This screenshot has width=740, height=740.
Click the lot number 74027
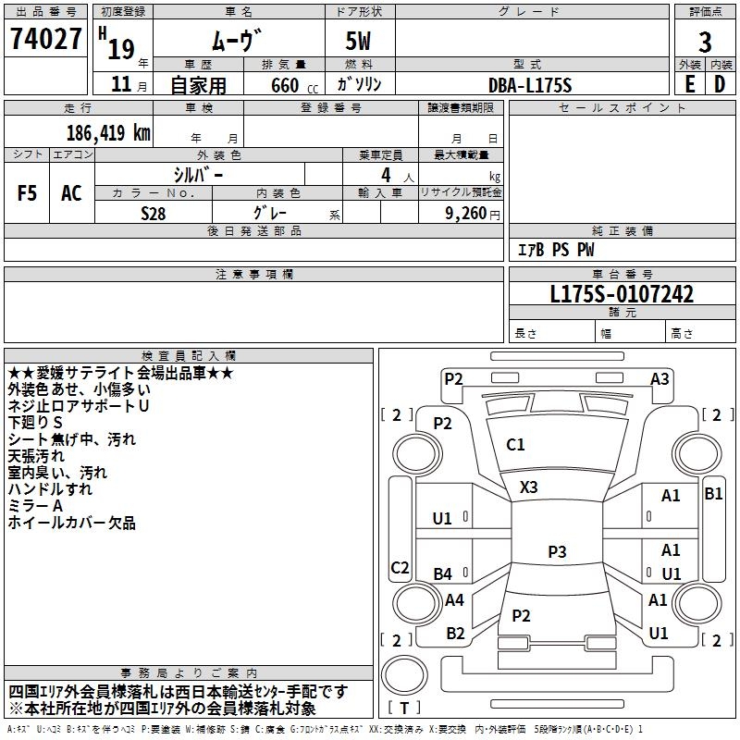[45, 40]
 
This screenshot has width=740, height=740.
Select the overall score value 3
[705, 41]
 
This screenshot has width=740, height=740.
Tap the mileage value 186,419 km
[108, 132]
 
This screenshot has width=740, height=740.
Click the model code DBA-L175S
[530, 84]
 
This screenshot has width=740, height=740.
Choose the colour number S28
[154, 212]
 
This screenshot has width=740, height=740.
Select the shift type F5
[27, 193]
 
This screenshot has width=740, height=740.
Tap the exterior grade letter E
[689, 83]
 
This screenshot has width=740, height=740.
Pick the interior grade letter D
[720, 83]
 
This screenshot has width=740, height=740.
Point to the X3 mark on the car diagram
[529, 487]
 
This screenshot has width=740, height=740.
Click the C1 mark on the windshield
[515, 445]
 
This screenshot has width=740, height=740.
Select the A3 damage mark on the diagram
[660, 378]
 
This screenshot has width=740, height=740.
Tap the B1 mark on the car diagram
[713, 494]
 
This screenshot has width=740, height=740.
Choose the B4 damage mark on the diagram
[443, 573]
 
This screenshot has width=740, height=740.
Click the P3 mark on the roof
[557, 551]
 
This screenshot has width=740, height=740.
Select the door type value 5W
[361, 41]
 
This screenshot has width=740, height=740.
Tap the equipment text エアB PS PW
[555, 250]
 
